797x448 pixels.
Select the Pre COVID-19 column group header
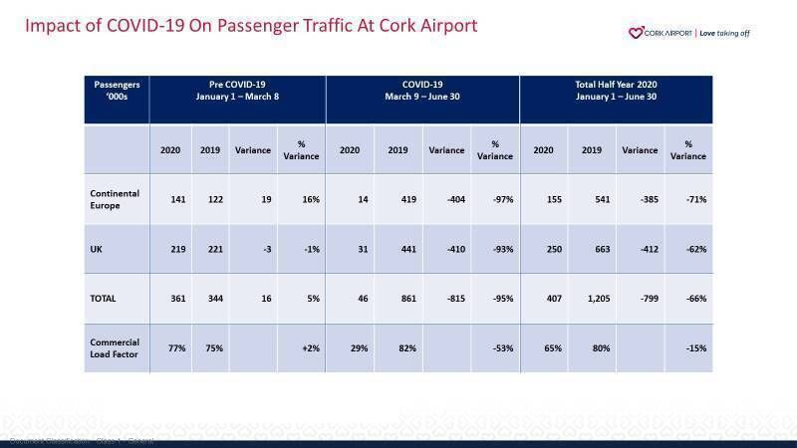click(237, 91)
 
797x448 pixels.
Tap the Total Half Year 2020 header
click(615, 91)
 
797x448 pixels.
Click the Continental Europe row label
click(116, 199)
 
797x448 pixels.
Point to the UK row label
click(97, 249)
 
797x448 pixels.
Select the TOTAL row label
click(104, 299)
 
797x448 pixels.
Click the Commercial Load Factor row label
click(116, 348)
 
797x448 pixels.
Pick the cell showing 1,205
click(592, 299)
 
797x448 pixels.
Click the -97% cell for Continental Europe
click(496, 199)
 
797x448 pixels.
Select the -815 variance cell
click(448, 299)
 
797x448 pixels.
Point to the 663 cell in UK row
click(592, 249)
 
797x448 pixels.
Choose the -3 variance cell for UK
click(255, 249)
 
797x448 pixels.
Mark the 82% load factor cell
click(398, 348)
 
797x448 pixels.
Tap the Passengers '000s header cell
click(116, 91)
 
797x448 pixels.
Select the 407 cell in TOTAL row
click(544, 299)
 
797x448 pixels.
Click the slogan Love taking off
click(724, 33)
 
